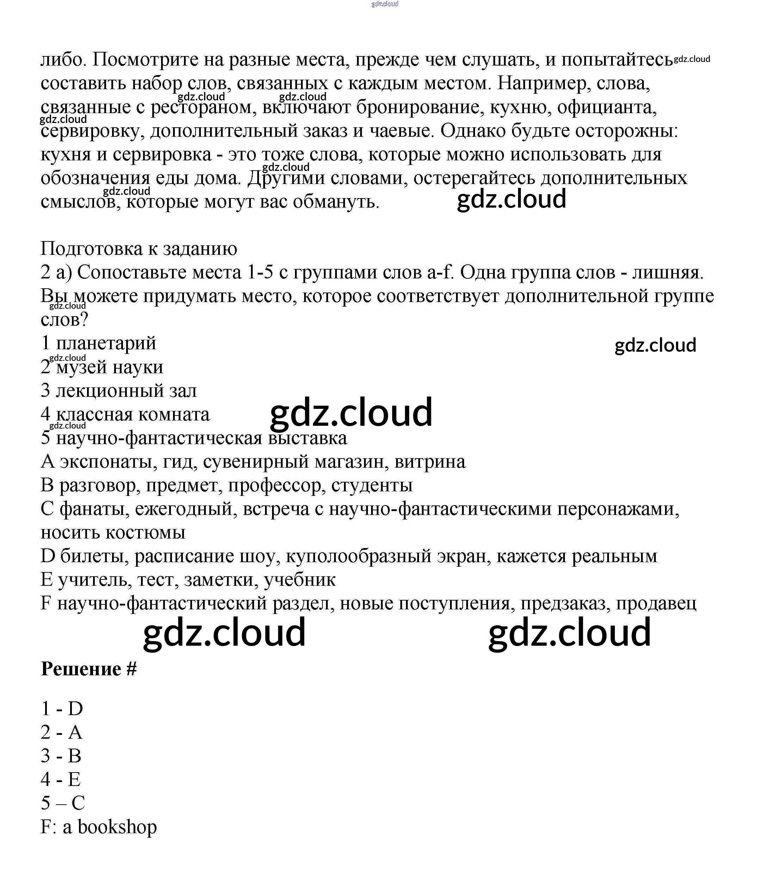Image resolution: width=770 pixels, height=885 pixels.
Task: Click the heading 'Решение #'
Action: point(88,669)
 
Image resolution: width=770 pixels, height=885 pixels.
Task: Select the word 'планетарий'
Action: point(106,343)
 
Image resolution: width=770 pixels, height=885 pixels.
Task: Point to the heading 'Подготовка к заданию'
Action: point(139,249)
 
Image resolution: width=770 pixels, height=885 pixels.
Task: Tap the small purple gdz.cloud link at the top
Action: point(384,4)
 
